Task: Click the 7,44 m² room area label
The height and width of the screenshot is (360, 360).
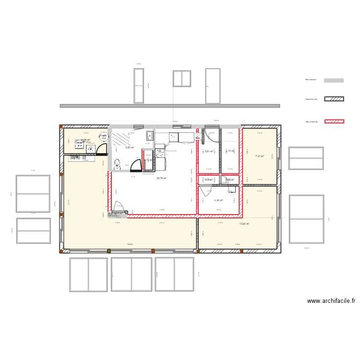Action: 260,156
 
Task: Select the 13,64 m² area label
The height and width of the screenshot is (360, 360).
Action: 245,224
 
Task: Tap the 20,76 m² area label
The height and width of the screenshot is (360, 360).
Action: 161,178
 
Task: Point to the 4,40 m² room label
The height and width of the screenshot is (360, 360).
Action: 218,201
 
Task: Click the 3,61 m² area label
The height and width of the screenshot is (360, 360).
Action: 209,152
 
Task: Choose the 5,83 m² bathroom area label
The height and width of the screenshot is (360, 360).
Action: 130,148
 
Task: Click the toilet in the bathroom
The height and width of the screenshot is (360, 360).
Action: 117,166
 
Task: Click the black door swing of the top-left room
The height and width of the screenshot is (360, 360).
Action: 101,150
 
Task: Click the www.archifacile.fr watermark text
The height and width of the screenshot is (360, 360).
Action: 331,301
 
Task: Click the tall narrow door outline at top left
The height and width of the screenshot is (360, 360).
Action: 139,85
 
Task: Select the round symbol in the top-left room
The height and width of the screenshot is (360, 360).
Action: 101,136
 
